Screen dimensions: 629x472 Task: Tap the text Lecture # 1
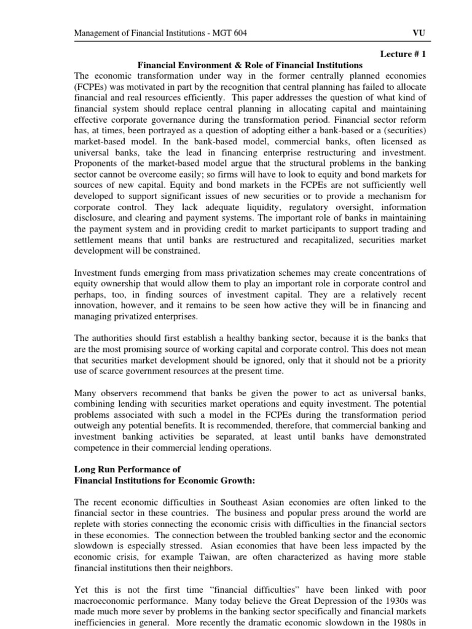coord(403,54)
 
